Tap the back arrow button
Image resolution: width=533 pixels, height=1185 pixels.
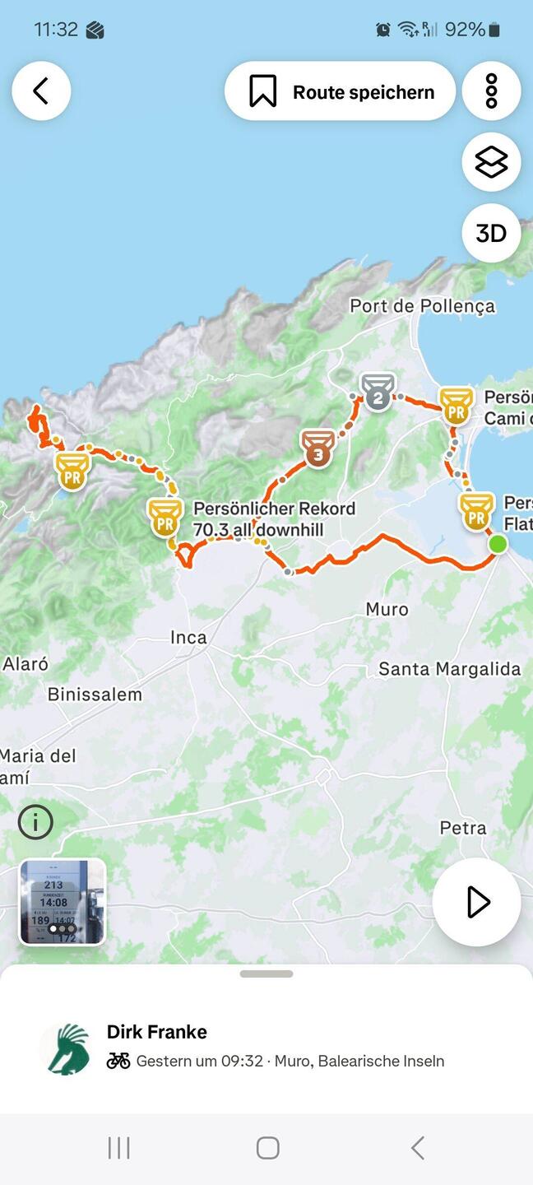coord(41,91)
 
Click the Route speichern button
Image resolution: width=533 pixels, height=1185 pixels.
coord(340,91)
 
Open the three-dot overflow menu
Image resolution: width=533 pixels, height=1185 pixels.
coord(491,91)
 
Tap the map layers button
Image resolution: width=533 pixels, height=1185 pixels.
coord(491,162)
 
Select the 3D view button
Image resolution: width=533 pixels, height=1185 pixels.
coord(491,234)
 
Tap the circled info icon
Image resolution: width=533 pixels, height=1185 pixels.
coord(35,821)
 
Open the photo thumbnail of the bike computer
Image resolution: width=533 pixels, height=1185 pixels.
coord(63,902)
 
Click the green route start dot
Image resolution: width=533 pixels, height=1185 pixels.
coord(498,544)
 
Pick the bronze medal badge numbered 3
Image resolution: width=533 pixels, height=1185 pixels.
coord(318,448)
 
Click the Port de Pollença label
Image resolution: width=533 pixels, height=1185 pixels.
coord(422,306)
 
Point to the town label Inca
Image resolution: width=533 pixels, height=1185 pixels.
coord(188,637)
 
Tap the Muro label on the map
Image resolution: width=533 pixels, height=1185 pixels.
coord(387,609)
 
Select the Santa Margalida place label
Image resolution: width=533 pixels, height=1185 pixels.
coord(449,669)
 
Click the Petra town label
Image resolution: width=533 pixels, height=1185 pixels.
coord(462,828)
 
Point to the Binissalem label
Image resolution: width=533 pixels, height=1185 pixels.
coord(95,694)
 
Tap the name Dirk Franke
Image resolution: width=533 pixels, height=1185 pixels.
coord(157,1032)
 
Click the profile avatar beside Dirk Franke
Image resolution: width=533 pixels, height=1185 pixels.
coord(66,1048)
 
